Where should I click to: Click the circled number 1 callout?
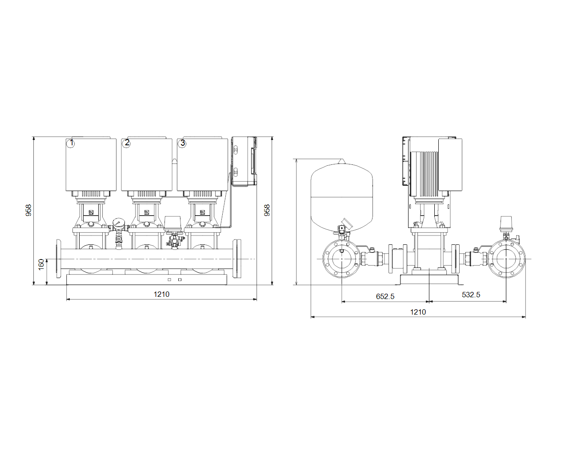tap(71, 143)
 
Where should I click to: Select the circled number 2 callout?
tap(126, 143)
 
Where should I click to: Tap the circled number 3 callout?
tap(182, 143)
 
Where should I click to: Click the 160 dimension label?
tap(41, 264)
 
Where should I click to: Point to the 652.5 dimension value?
tap(385, 296)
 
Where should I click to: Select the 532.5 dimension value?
tap(471, 295)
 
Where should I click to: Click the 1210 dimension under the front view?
tap(161, 294)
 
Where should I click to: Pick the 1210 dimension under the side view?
tap(418, 312)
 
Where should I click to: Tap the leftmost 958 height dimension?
tap(28, 210)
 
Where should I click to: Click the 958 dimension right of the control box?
tap(267, 210)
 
